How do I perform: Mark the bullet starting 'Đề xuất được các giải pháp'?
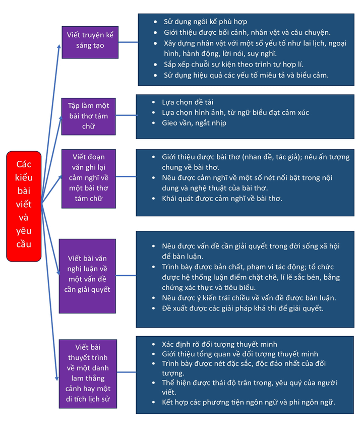[243, 308]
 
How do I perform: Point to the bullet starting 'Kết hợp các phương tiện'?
[248, 402]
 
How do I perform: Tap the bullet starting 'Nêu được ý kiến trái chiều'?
[249, 297]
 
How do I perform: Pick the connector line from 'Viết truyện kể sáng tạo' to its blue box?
[128, 42]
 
